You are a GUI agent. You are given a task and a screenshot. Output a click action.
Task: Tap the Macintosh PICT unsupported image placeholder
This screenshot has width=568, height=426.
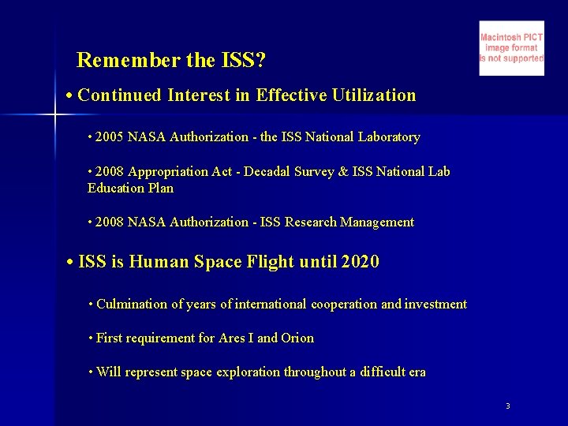pyautogui.click(x=511, y=48)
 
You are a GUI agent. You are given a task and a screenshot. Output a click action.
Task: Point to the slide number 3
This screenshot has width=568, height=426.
pyautogui.click(x=508, y=405)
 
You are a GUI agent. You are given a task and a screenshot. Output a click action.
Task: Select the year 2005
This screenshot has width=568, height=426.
pyautogui.click(x=110, y=137)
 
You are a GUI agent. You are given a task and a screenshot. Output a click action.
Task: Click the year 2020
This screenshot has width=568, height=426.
pyautogui.click(x=360, y=262)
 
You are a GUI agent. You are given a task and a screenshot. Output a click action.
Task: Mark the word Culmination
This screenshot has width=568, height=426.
pyautogui.click(x=133, y=305)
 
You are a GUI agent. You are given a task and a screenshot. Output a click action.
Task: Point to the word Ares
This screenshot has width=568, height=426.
pyautogui.click(x=231, y=338)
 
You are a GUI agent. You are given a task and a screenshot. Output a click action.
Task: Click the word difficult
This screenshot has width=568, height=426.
pyautogui.click(x=376, y=372)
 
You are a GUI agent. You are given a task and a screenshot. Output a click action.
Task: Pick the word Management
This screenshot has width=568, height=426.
pyautogui.click(x=376, y=222)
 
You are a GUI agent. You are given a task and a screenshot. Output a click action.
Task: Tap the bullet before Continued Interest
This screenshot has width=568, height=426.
pyautogui.click(x=70, y=96)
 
